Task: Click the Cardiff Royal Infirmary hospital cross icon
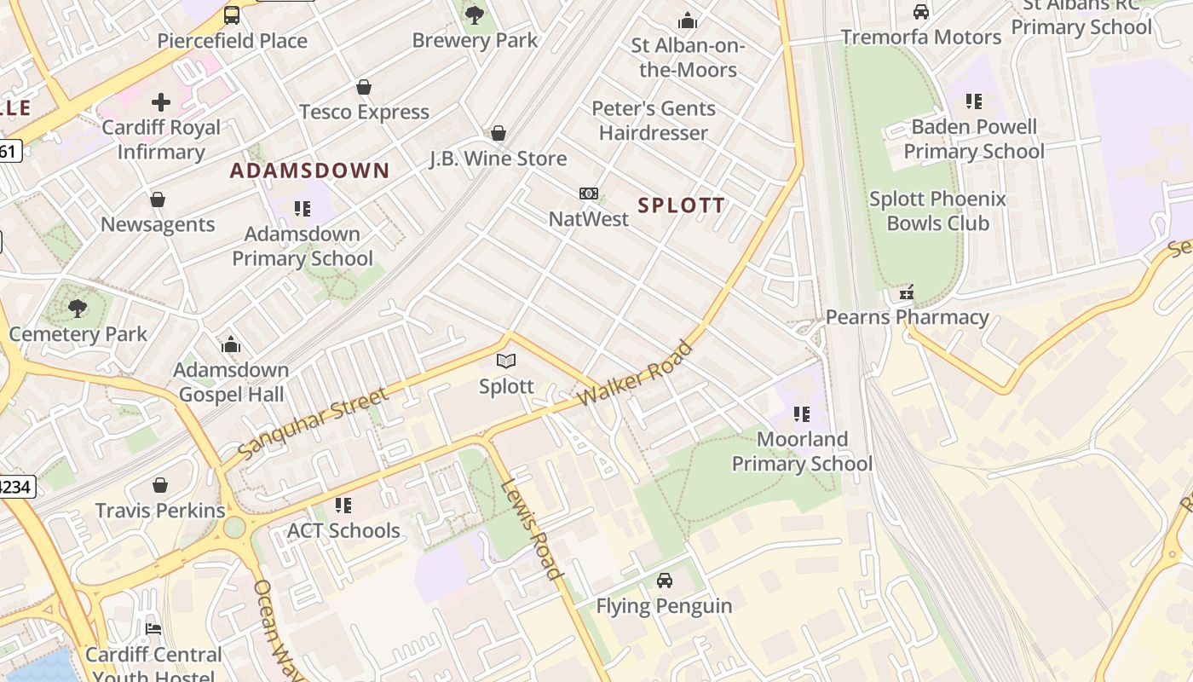[161, 103]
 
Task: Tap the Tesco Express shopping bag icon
[364, 87]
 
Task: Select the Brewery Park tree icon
[475, 14]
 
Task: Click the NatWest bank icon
[588, 194]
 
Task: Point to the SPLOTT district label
[682, 205]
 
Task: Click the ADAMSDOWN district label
[309, 170]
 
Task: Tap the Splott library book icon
[506, 361]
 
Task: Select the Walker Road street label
[635, 374]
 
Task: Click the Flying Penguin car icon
[664, 581]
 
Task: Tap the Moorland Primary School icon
[802, 414]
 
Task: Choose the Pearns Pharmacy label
[907, 318]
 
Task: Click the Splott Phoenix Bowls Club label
[937, 211]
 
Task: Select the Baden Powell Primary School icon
[974, 101]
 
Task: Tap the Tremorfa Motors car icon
[920, 12]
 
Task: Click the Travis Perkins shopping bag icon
[160, 485]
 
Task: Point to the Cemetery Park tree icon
[78, 308]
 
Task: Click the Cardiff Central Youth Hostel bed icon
[153, 629]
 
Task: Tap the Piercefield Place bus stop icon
[232, 14]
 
